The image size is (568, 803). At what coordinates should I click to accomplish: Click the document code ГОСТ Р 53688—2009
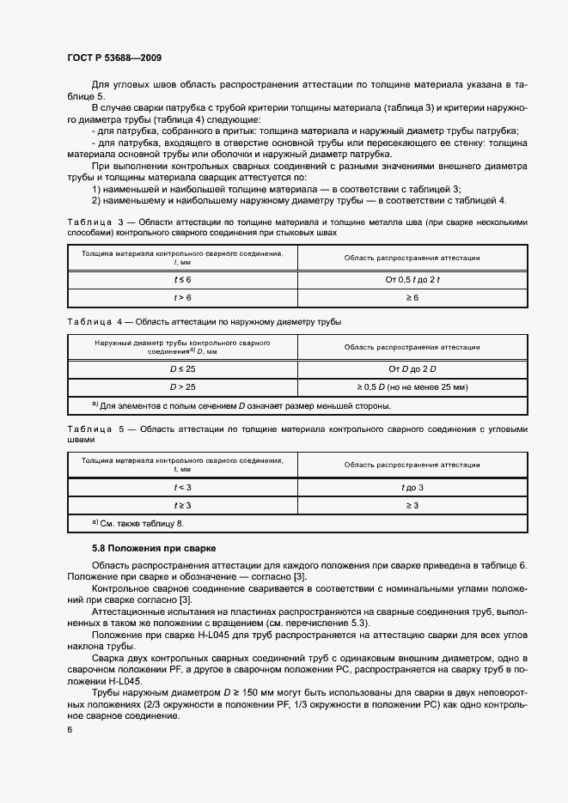coord(113,58)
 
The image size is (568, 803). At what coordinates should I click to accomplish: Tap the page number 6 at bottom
coord(70,729)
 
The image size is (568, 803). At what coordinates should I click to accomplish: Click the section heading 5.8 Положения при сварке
coord(154,547)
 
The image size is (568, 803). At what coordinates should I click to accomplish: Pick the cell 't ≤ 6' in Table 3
coord(182,280)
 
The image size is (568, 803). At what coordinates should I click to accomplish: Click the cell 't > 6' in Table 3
coord(182,297)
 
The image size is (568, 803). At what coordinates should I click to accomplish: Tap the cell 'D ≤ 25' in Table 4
coord(182,368)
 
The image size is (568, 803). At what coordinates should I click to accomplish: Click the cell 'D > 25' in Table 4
coord(182,386)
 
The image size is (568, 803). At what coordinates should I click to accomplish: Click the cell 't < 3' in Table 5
coord(182,487)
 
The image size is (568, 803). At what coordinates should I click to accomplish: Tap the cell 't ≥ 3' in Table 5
coord(182,505)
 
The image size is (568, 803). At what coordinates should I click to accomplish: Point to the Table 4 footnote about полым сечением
coord(241,405)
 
